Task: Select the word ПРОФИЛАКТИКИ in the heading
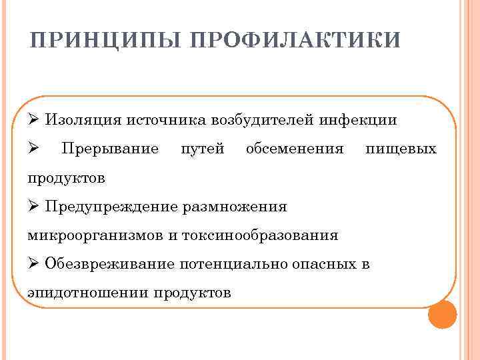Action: click(x=295, y=41)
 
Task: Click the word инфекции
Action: click(x=358, y=120)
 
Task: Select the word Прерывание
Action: click(x=109, y=149)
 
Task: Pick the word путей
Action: click(x=203, y=149)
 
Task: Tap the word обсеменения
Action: click(x=295, y=149)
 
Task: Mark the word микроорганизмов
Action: click(x=84, y=235)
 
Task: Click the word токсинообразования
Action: click(x=274, y=235)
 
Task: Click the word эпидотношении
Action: click(x=89, y=292)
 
